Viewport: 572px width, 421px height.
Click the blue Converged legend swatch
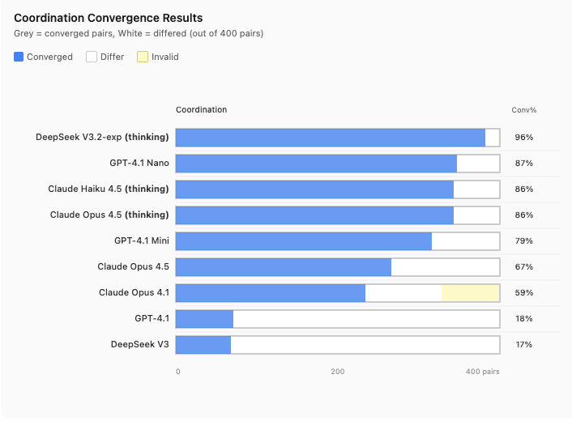pyautogui.click(x=19, y=57)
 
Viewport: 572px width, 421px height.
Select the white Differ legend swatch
pyautogui.click(x=92, y=57)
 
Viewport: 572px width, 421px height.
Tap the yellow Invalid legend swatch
pyautogui.click(x=143, y=57)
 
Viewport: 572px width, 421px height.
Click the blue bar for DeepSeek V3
pyautogui.click(x=203, y=344)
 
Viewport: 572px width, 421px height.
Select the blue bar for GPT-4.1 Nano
pyautogui.click(x=316, y=164)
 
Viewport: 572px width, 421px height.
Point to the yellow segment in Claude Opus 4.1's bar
pyautogui.click(x=470, y=293)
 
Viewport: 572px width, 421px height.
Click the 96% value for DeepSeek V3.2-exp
pyautogui.click(x=523, y=138)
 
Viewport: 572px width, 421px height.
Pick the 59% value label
pyautogui.click(x=523, y=293)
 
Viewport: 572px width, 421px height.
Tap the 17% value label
pyautogui.click(x=523, y=345)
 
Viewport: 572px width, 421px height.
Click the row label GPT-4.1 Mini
pyautogui.click(x=142, y=241)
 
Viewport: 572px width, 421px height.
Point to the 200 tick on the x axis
pyautogui.click(x=338, y=372)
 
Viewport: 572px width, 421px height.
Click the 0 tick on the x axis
pyautogui.click(x=178, y=372)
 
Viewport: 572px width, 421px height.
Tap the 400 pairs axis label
pyautogui.click(x=483, y=372)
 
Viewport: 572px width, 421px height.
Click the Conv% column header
pyautogui.click(x=523, y=110)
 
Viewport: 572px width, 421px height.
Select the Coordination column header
pyautogui.click(x=201, y=110)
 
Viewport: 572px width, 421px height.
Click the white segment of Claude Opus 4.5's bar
pyautogui.click(x=445, y=267)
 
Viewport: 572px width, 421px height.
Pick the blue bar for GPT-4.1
pyautogui.click(x=204, y=319)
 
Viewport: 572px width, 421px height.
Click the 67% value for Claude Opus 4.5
pyautogui.click(x=523, y=267)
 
